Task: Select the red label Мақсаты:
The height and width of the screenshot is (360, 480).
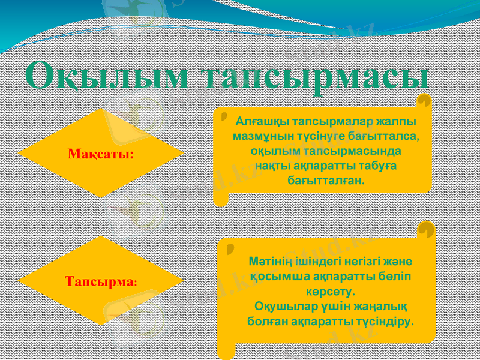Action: [x=101, y=154]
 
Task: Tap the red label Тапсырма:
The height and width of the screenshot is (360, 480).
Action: [x=101, y=281]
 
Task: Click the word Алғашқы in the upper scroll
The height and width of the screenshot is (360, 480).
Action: [x=258, y=121]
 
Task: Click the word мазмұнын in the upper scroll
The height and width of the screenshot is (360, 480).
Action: [x=262, y=136]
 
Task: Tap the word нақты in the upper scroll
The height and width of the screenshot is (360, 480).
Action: [x=272, y=165]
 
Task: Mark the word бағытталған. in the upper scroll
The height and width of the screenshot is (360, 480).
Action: [x=325, y=179]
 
